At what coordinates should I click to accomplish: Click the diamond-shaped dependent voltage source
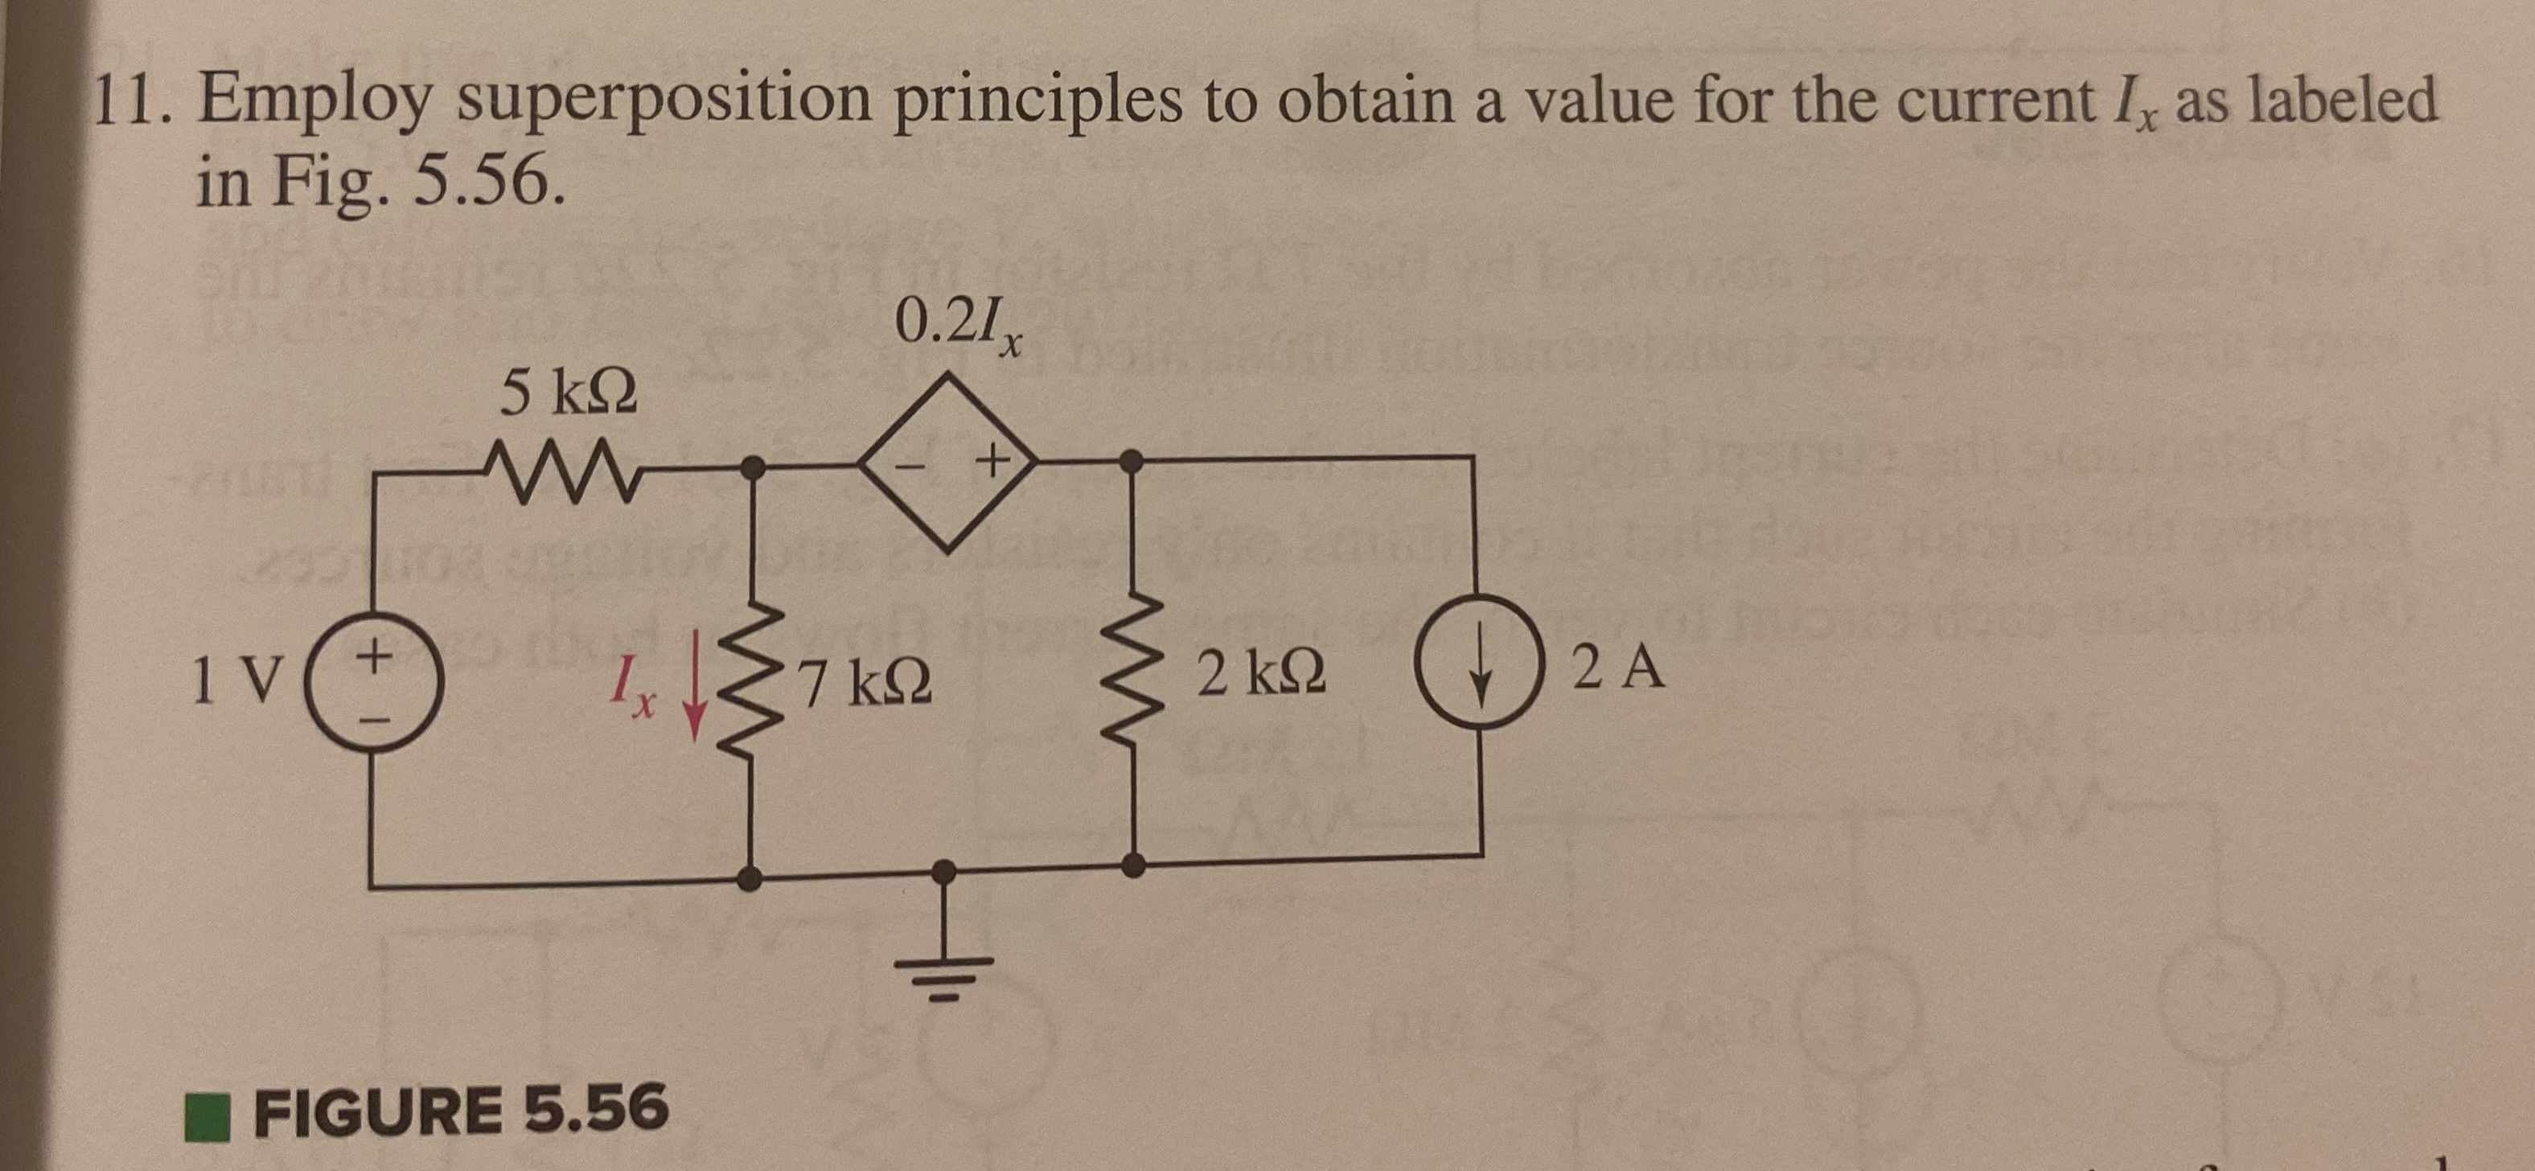[947, 459]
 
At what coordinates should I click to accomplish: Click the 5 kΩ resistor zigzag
[567, 466]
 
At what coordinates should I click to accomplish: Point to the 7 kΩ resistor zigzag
[753, 682]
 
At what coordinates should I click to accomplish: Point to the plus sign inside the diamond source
[994, 458]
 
